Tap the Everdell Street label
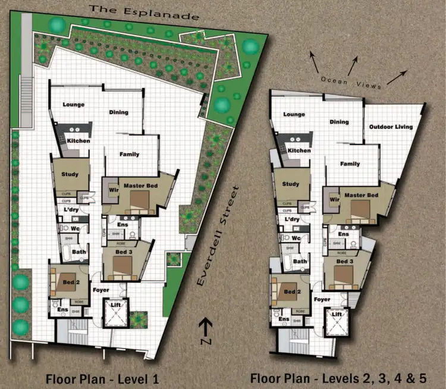[x=218, y=236]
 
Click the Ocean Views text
[x=350, y=83]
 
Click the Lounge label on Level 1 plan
[x=74, y=105]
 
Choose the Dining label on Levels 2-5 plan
[x=340, y=122]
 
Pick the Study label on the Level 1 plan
[x=70, y=174]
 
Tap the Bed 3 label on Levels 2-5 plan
[x=345, y=262]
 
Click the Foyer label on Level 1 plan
[x=101, y=290]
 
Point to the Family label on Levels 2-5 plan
[x=350, y=164]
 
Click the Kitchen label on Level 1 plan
[x=78, y=141]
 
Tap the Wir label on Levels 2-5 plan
[x=334, y=199]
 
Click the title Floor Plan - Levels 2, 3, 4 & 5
[x=348, y=378]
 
